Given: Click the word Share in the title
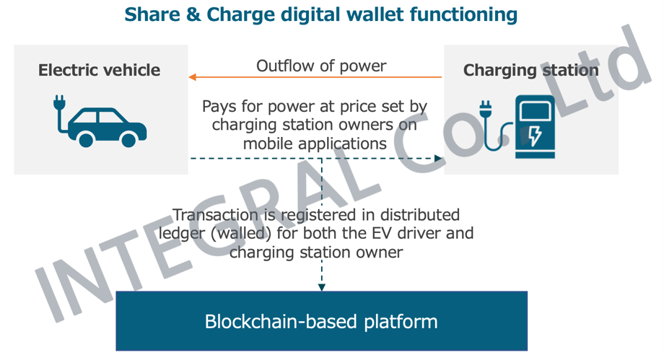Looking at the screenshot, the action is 152,14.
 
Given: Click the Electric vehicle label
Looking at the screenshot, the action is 100,70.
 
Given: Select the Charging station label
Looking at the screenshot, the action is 531,70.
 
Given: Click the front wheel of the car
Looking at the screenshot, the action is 128,139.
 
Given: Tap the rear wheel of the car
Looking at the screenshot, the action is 87,139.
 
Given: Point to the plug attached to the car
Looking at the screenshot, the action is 60,103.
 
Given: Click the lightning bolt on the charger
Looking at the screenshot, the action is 535,135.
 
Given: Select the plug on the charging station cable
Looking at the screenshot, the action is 485,109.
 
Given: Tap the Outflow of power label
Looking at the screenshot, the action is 321,66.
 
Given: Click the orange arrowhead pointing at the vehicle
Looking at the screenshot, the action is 192,77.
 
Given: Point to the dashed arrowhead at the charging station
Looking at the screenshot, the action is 438,159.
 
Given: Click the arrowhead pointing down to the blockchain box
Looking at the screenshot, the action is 322,287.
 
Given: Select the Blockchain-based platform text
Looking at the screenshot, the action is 321,322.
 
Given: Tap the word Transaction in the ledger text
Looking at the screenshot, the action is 216,215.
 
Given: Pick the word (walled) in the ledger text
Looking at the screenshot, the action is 241,233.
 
